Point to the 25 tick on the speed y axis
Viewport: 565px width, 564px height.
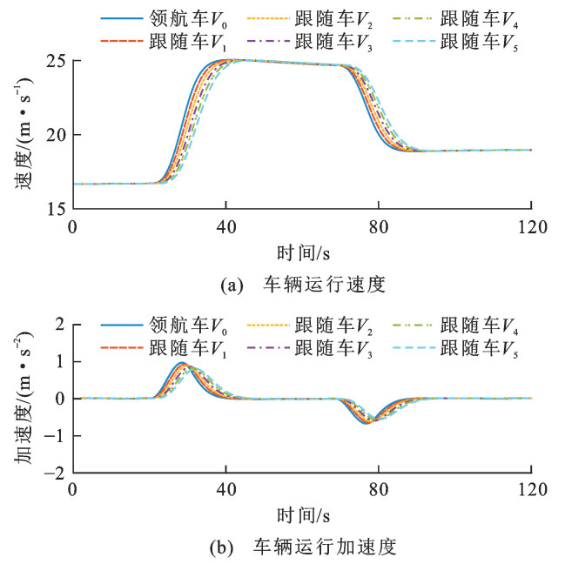57,62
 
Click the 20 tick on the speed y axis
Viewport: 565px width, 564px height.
57,135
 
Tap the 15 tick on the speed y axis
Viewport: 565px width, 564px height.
57,209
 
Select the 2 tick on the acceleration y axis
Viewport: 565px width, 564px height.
62,325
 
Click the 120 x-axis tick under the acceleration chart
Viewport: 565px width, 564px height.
531,492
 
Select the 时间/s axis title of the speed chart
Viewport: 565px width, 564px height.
301,253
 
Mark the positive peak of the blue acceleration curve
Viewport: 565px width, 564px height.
181,362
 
